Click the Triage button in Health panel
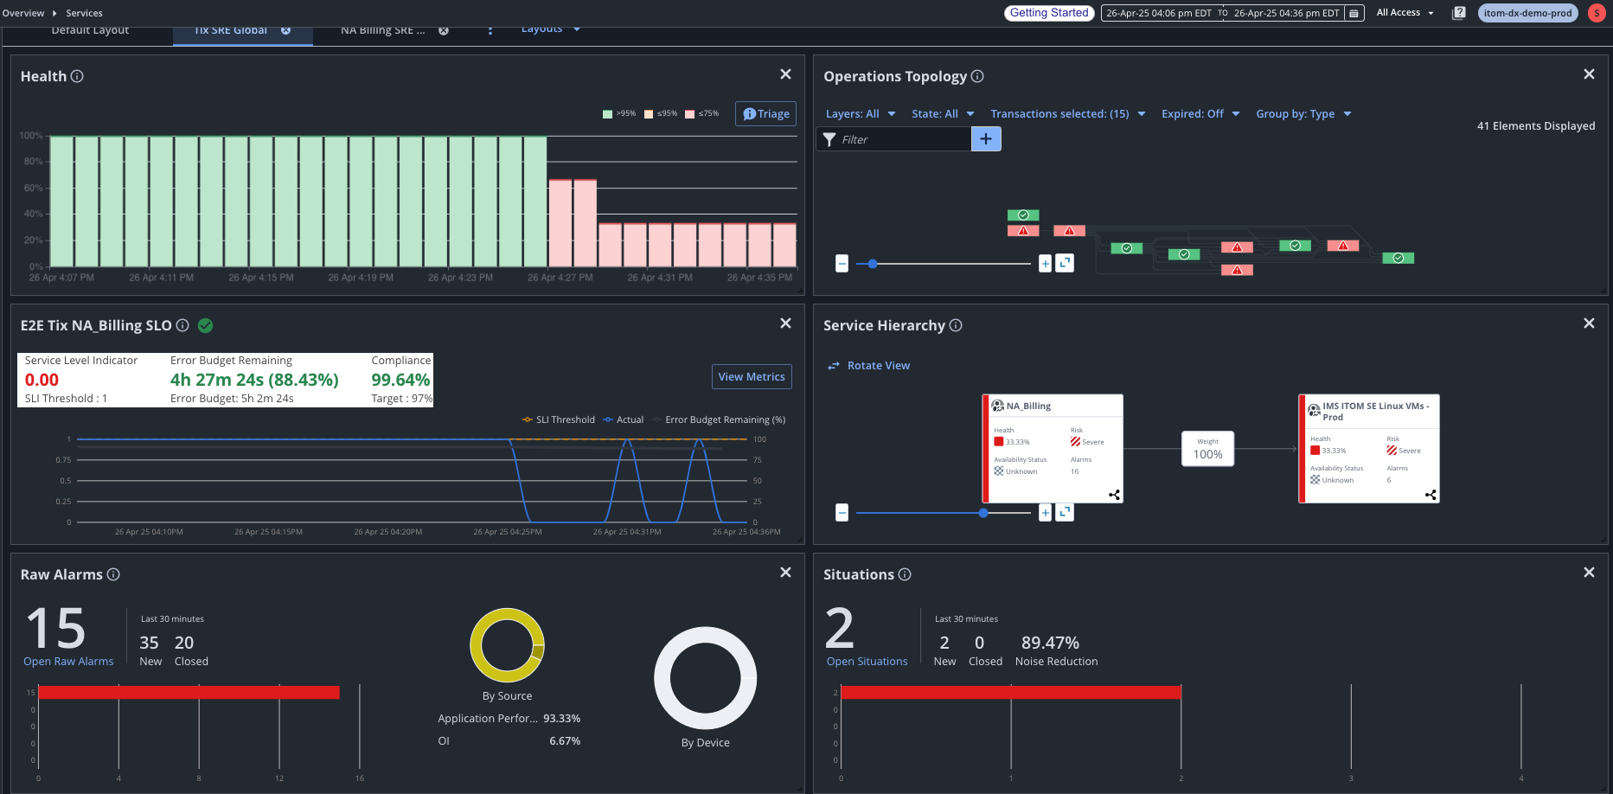click(x=766, y=114)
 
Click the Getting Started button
click(x=1049, y=13)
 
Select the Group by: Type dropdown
click(x=1303, y=114)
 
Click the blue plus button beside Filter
click(x=986, y=139)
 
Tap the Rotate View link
click(x=878, y=366)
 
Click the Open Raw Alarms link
click(x=68, y=662)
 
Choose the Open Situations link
click(x=867, y=662)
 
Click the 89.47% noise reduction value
click(x=1050, y=643)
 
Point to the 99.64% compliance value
click(x=400, y=380)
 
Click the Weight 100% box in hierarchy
click(x=1207, y=449)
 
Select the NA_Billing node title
click(x=1028, y=406)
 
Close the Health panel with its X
click(x=785, y=74)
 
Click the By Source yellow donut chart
click(x=508, y=645)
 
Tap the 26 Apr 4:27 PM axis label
click(x=560, y=278)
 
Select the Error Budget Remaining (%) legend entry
click(x=725, y=419)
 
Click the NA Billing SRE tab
click(x=382, y=31)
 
